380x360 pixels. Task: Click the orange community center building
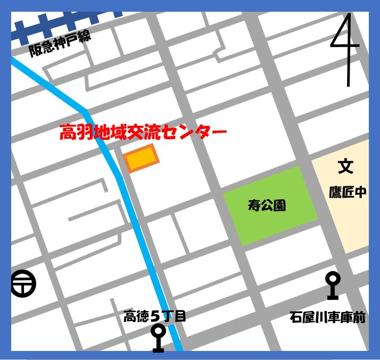tap(141, 158)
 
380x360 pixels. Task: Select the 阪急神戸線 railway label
tap(59, 44)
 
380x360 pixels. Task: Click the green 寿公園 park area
tap(269, 205)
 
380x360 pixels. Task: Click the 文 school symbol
tap(345, 167)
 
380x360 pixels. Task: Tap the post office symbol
tap(23, 283)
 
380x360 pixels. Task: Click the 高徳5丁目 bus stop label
tap(155, 316)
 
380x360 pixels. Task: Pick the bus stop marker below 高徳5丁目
tap(158, 338)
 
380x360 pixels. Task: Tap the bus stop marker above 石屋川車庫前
tap(333, 285)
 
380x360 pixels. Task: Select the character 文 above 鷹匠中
tap(345, 167)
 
